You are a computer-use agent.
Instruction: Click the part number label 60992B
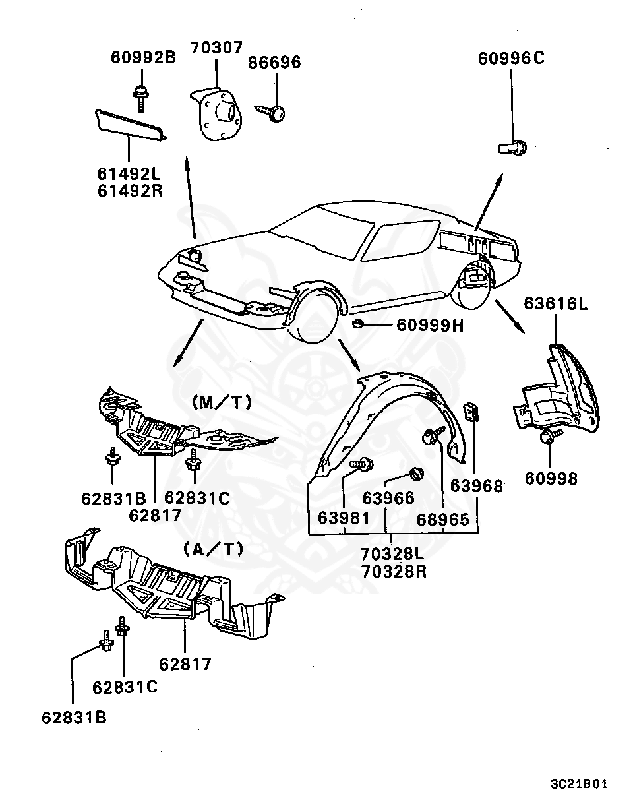coord(142,58)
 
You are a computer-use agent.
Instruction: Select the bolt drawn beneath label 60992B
coord(139,98)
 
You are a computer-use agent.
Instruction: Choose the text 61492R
coord(130,191)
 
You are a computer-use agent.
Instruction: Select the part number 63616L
coord(556,304)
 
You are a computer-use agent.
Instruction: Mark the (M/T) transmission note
coord(222,402)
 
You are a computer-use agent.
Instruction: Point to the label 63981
coord(344,518)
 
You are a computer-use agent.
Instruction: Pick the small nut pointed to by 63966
coord(416,473)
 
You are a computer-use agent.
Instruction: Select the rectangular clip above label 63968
coord(473,412)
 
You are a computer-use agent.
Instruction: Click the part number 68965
coord(442,520)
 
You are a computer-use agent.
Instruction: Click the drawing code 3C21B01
coord(578,784)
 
